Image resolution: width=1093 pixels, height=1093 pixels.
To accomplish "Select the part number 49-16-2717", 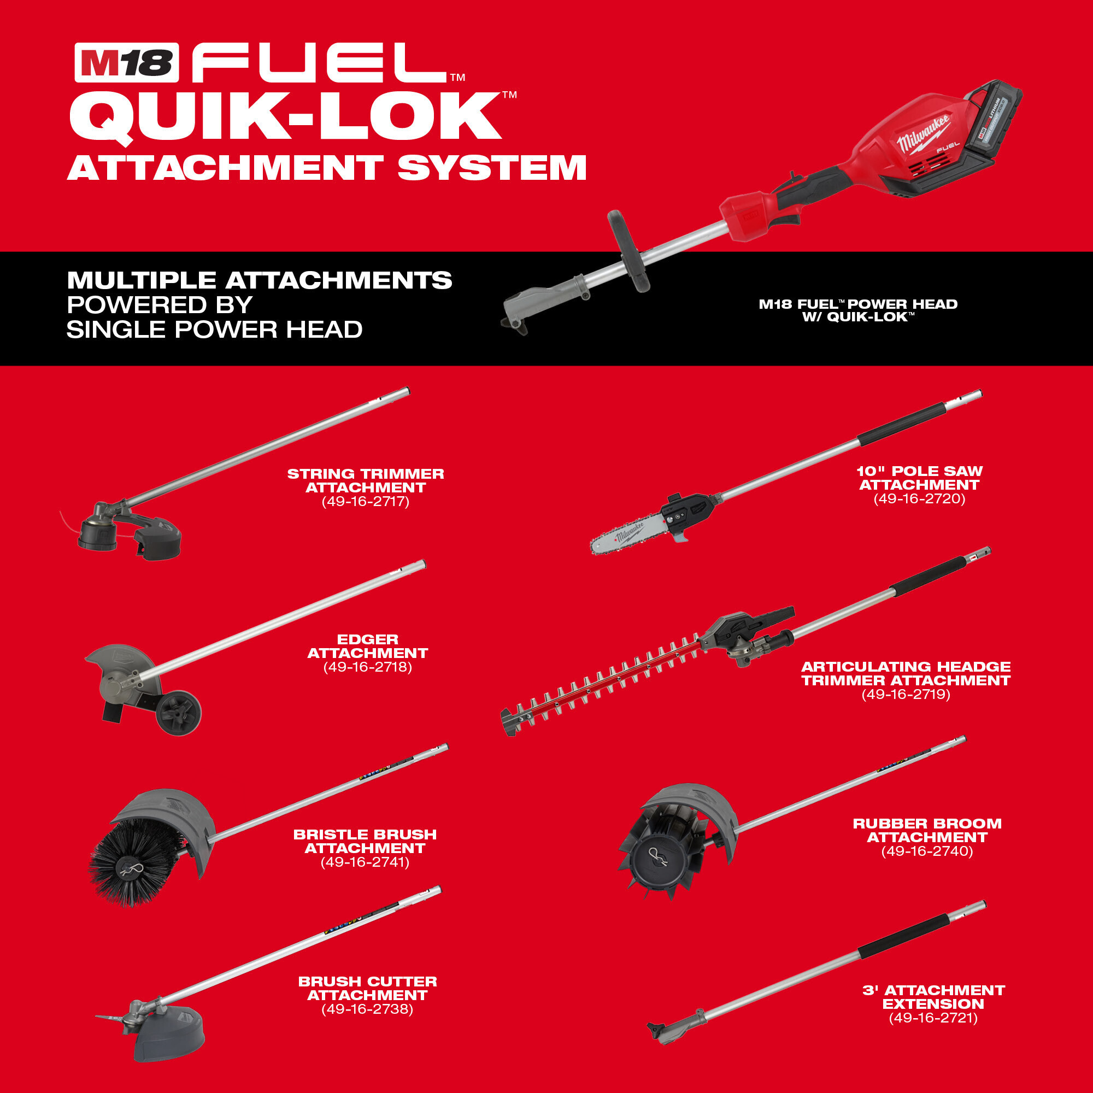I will [x=366, y=502].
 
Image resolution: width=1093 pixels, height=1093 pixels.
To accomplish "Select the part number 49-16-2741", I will [x=365, y=862].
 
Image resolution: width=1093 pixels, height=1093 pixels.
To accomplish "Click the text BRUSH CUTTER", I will [x=368, y=982].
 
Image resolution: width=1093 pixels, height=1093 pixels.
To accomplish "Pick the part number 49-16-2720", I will [x=919, y=498].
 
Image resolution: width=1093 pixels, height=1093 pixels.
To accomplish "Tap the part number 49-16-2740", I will [x=927, y=851].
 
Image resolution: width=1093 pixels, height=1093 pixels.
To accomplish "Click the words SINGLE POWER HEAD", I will [x=214, y=330].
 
